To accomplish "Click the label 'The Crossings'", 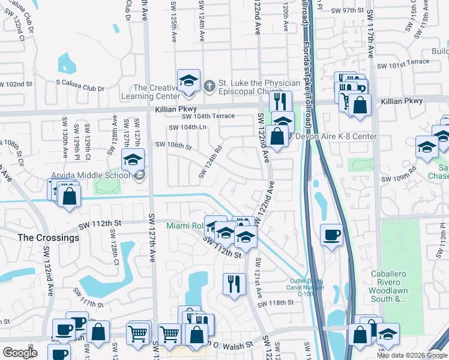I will tap(48, 238).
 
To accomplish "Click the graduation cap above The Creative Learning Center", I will tap(188, 80).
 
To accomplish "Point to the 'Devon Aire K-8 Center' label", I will tap(336, 136).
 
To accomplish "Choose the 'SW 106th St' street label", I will tap(173, 145).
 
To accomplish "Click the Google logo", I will tap(20, 353).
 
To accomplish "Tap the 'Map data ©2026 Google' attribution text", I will tap(412, 355).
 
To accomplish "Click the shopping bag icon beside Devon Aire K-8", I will tap(278, 135).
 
